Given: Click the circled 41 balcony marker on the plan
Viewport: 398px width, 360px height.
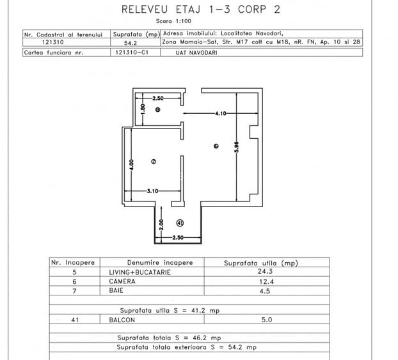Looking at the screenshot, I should (x=180, y=223).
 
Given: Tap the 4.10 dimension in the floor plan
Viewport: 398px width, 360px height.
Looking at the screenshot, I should (x=221, y=113).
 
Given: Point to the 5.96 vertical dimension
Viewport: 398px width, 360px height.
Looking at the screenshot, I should (x=236, y=146).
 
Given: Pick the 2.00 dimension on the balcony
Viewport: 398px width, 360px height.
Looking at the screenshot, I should (x=161, y=224).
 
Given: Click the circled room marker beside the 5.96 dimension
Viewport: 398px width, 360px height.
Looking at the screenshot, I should (x=216, y=146).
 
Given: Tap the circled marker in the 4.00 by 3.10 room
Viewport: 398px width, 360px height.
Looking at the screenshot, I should (x=154, y=162).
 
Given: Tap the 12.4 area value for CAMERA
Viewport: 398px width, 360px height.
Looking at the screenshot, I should (x=260, y=281).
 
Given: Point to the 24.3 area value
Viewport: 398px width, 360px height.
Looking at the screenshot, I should (x=260, y=271).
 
